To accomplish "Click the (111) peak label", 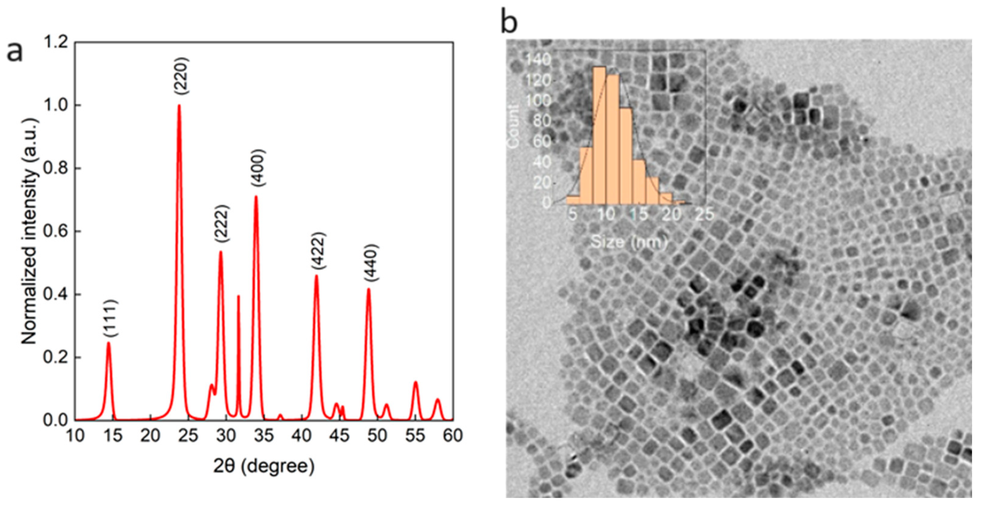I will click(x=111, y=318).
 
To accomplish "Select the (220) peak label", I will click(x=181, y=76).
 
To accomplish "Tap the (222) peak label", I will click(x=222, y=224).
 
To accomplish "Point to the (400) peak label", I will click(x=258, y=168).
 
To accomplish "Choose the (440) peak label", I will click(x=371, y=263).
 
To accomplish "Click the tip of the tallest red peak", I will click(x=179, y=105).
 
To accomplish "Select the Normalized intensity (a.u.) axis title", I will click(x=30, y=231).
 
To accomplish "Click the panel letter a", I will click(x=15, y=52).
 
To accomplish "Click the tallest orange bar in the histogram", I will click(x=599, y=134).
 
